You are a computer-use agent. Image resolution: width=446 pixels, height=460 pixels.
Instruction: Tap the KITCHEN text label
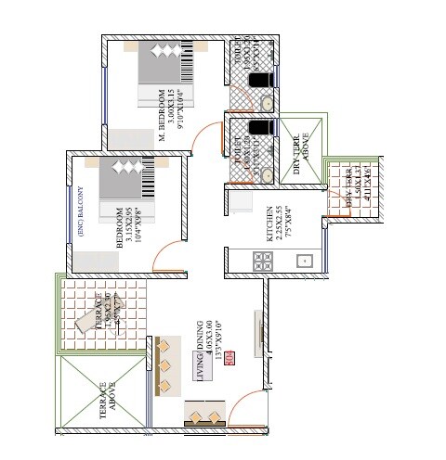(x=269, y=225)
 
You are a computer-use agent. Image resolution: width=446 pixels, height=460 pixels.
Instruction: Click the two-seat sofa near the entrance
(x=206, y=414)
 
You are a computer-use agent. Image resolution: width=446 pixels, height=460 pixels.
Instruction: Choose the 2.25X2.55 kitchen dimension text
(x=279, y=225)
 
